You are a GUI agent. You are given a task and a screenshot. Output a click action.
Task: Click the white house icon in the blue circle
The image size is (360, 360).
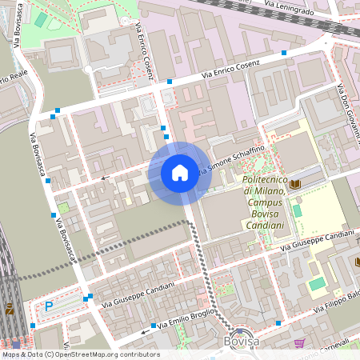point(179,173)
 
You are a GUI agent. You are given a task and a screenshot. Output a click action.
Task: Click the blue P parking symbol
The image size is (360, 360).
point(49,305)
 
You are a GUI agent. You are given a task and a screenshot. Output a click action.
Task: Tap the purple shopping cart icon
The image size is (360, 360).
point(299,342)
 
